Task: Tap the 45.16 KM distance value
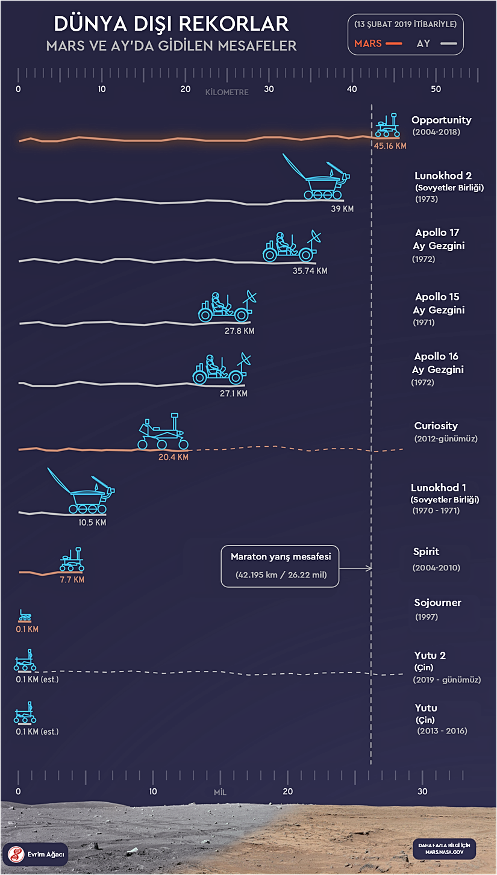(390, 146)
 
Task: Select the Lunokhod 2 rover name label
(443, 176)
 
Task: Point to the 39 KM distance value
(342, 208)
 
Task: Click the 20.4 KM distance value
(173, 457)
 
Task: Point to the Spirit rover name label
(426, 552)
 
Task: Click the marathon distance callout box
(280, 565)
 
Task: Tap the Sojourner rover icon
(25, 615)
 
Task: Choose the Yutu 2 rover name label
(430, 655)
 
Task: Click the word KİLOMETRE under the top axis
(227, 93)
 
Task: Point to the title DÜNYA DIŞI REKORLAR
(171, 24)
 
